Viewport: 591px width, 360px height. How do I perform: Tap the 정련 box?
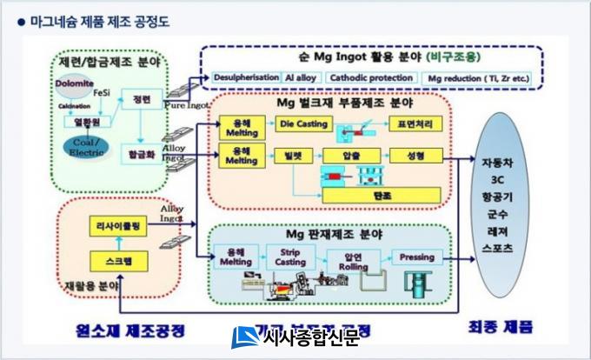pyautogui.click(x=141, y=99)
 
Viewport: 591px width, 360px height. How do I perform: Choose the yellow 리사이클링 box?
pyautogui.click(x=118, y=226)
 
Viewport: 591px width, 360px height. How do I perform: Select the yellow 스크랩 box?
pyautogui.click(x=118, y=259)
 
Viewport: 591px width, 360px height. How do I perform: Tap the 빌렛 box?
pyautogui.click(x=303, y=156)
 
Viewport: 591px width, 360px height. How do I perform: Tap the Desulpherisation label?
pyautogui.click(x=247, y=78)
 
